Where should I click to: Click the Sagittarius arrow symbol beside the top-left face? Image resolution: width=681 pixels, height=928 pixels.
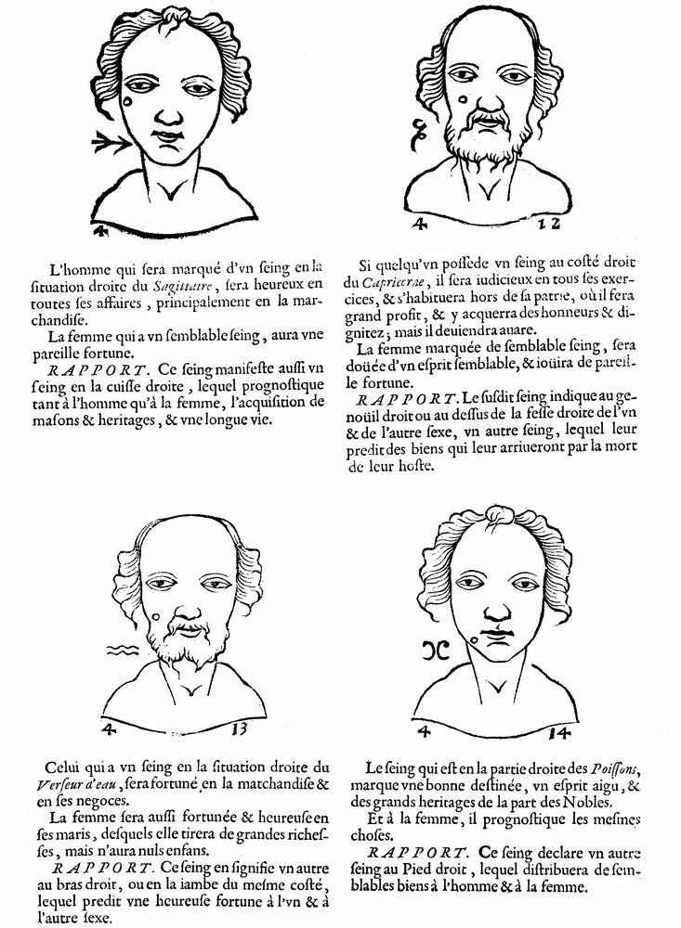click(111, 142)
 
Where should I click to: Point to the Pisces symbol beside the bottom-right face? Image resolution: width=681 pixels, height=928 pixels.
click(435, 649)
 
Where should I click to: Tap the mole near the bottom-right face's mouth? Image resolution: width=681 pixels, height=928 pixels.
click(476, 637)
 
